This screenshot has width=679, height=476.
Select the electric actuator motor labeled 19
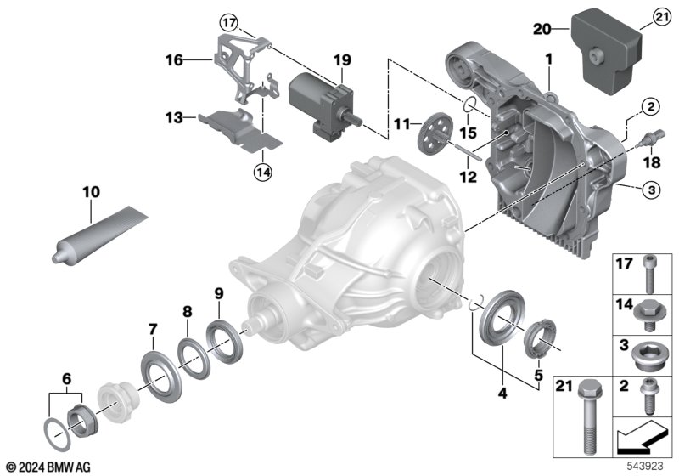323,102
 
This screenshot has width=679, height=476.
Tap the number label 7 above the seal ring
153,328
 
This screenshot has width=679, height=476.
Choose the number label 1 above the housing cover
549,59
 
